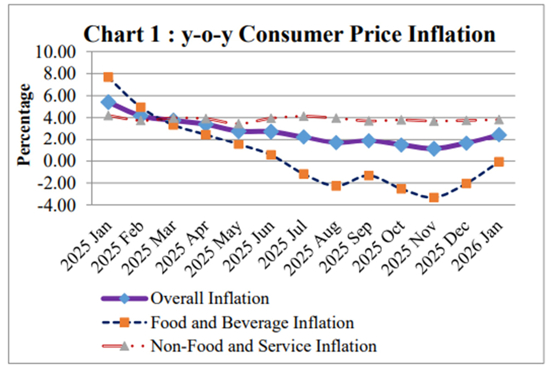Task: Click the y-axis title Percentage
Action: click(24, 124)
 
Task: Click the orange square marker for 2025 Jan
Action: click(108, 77)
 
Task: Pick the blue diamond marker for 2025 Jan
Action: click(108, 102)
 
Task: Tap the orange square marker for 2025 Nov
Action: click(434, 197)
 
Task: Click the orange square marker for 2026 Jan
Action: click(499, 162)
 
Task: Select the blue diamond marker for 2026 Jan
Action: click(499, 135)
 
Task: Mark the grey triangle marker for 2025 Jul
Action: click(303, 116)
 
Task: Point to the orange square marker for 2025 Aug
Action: click(336, 186)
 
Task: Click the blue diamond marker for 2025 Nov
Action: click(434, 149)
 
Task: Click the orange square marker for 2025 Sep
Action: click(369, 175)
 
